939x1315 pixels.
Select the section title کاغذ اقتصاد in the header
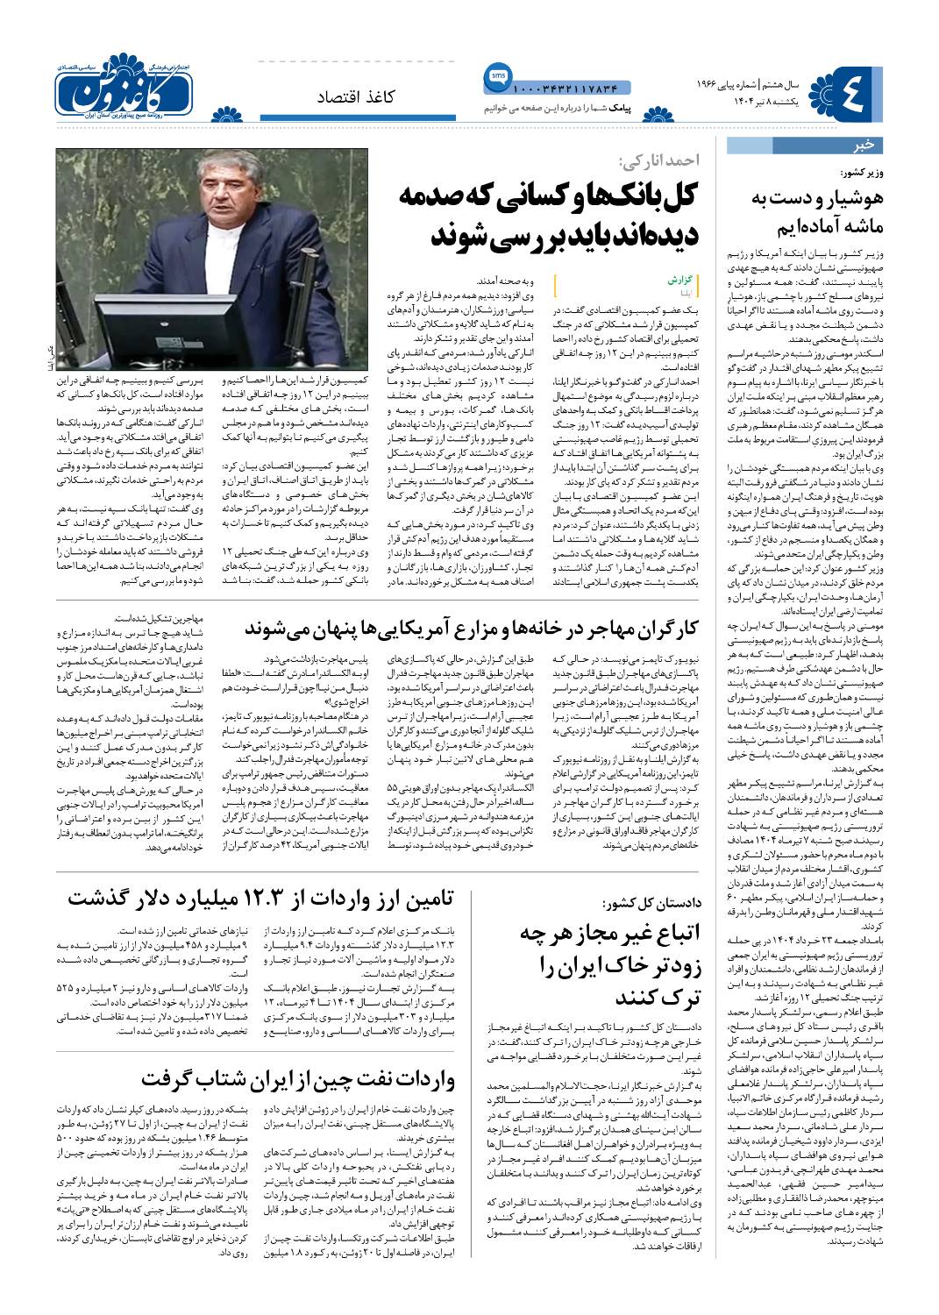(357, 96)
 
